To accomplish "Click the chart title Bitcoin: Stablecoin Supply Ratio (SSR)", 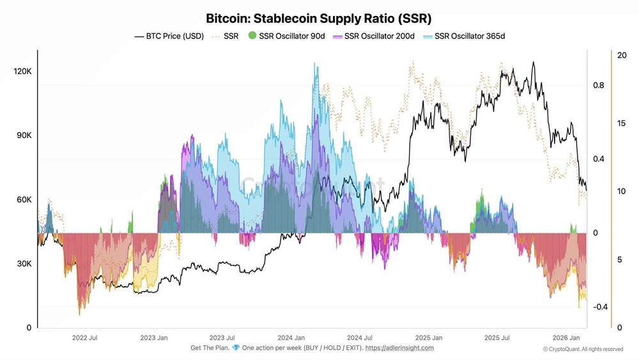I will click(318, 18).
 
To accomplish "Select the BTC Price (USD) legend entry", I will click(169, 36).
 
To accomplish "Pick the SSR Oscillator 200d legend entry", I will click(376, 36).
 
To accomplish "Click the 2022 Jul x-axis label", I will click(84, 337).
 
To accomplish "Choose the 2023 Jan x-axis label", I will click(153, 337).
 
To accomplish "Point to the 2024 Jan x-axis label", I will click(290, 337).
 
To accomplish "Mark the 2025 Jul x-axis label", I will click(497, 337).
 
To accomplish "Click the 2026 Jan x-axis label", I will click(566, 337).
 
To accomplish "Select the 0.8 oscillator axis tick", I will click(597, 85).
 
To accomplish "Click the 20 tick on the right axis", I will click(622, 56).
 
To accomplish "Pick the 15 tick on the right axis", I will click(622, 123).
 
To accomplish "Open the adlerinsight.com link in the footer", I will click(399, 348).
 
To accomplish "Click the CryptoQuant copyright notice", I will click(583, 349).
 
